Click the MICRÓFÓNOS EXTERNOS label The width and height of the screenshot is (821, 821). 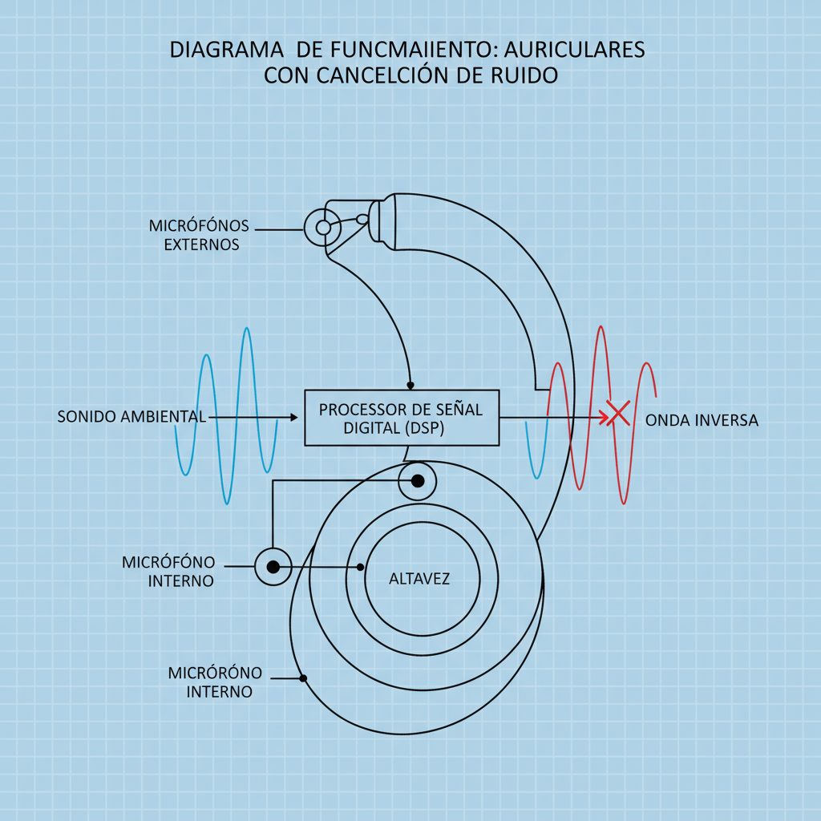tap(200, 235)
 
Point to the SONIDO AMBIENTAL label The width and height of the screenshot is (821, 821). tap(131, 418)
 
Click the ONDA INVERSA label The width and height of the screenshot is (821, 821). tap(702, 420)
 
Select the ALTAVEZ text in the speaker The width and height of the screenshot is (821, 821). tap(419, 578)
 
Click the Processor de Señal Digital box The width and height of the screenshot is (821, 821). tap(402, 418)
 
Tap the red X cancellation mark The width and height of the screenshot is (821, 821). tap(617, 414)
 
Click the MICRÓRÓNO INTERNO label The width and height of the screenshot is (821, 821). tap(216, 681)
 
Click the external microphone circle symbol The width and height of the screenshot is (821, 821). tap(323, 228)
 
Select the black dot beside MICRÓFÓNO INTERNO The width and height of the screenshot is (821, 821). tap(273, 567)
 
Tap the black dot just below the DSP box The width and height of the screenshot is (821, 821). tap(418, 481)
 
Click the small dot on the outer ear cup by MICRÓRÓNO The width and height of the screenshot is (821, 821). tap(303, 679)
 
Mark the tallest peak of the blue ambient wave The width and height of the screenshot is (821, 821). tap(247, 329)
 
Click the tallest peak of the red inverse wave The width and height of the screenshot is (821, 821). tap(600, 328)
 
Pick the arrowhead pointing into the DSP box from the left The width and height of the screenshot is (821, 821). tap(294, 418)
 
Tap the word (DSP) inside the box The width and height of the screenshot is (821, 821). tap(421, 429)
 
